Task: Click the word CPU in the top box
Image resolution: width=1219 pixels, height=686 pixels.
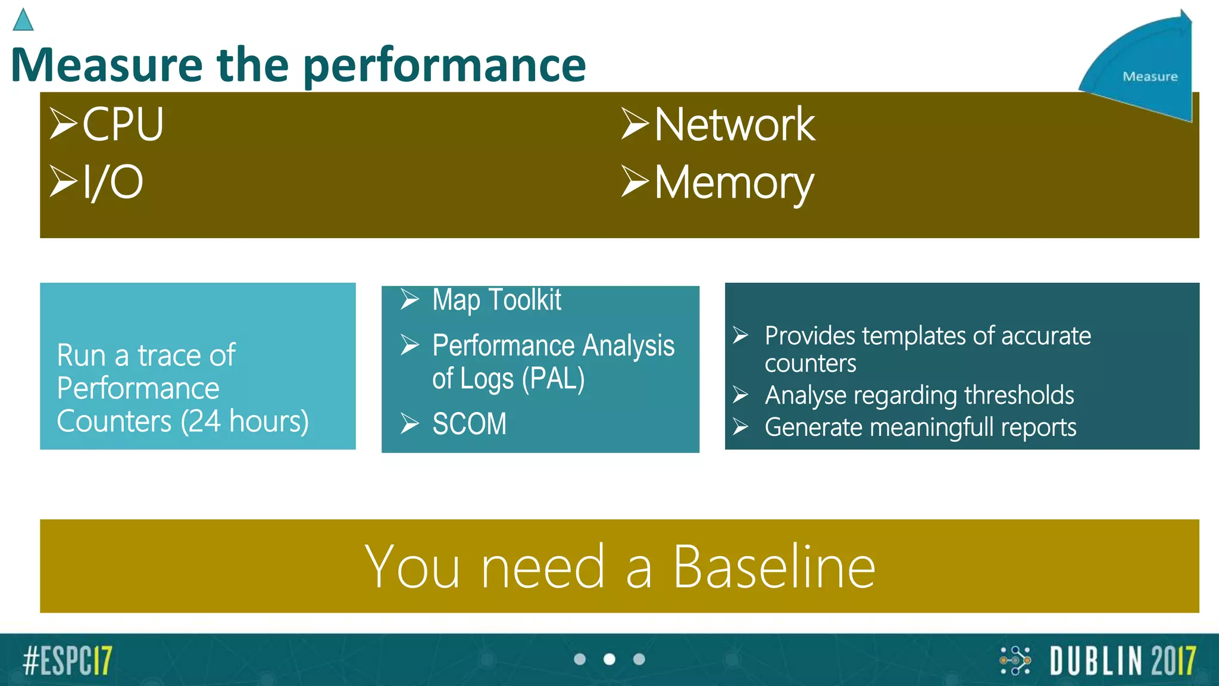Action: [123, 124]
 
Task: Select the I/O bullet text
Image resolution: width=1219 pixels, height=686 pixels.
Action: [112, 182]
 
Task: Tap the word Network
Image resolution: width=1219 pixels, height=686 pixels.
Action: [734, 124]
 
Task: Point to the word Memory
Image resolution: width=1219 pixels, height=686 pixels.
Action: [733, 183]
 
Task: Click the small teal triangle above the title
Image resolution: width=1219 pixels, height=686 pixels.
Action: [23, 21]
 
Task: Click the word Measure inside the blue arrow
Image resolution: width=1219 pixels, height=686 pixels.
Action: [1150, 77]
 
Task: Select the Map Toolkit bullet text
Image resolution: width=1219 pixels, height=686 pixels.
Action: [496, 300]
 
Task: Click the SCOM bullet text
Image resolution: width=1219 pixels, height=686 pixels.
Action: [469, 424]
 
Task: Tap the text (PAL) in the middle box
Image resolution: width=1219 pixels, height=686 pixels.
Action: [553, 379]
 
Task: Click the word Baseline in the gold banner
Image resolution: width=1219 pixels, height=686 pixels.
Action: [774, 567]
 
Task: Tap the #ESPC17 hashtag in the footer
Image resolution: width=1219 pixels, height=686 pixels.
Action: [67, 660]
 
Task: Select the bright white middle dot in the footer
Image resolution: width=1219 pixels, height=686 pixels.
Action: [609, 659]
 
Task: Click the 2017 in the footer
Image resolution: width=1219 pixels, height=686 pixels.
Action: [1173, 661]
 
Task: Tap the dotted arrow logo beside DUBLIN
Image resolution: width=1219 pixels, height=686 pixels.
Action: [1015, 660]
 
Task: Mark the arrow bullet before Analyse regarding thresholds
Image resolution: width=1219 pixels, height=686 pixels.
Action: [740, 395]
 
